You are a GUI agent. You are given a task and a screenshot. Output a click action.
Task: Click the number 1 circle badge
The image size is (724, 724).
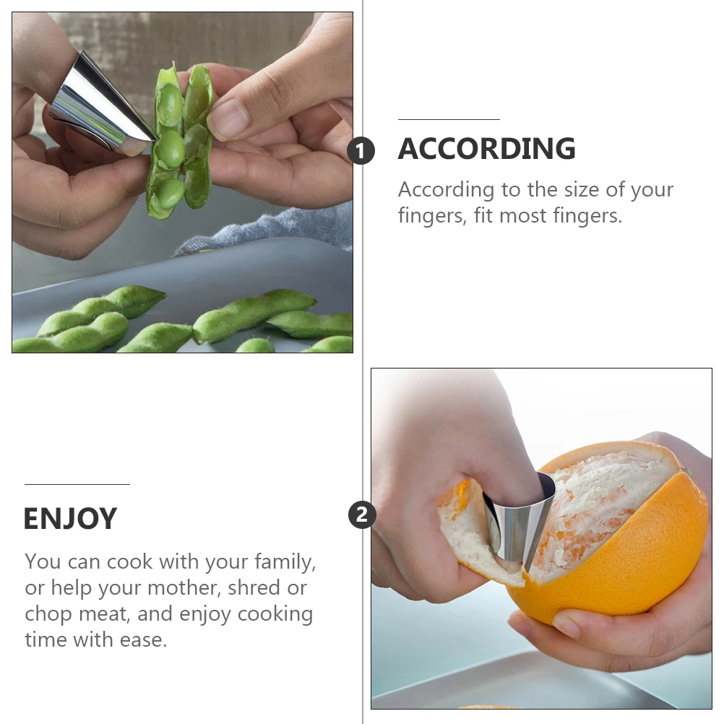click(x=361, y=152)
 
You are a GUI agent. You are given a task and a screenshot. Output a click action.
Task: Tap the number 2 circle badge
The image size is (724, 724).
click(x=362, y=515)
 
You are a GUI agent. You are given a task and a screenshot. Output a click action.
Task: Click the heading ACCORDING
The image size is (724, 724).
click(x=486, y=149)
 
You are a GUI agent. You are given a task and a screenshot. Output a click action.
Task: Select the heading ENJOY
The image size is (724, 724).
click(x=70, y=519)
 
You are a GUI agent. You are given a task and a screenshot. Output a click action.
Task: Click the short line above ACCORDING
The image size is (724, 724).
click(x=449, y=119)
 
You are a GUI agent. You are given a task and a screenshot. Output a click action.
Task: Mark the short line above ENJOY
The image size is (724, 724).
click(x=77, y=484)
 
